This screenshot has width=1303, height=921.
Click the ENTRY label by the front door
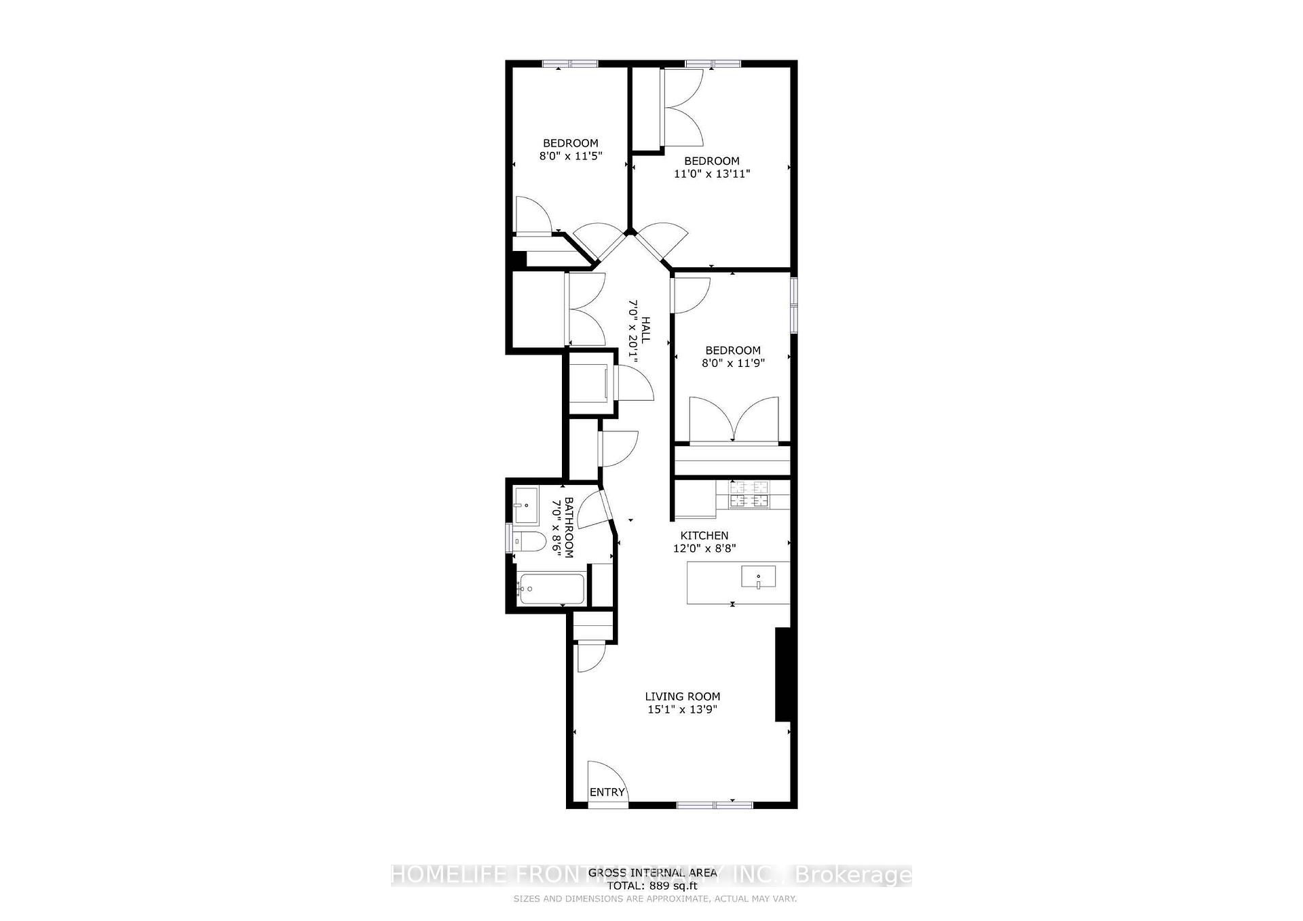tap(607, 792)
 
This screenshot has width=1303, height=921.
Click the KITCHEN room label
tap(704, 535)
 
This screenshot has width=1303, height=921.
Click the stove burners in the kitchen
tap(749, 494)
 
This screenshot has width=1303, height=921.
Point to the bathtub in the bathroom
tap(550, 590)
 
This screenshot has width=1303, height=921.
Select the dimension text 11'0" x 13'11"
tap(711, 174)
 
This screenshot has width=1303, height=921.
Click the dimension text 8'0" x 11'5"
tap(571, 156)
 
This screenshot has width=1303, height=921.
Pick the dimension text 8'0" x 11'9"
tap(733, 363)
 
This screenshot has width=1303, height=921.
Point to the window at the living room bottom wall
tap(715, 804)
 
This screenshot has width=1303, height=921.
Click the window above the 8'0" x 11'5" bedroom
tap(570, 64)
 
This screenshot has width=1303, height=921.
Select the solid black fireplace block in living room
tap(782, 674)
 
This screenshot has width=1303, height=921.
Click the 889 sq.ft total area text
tap(651, 885)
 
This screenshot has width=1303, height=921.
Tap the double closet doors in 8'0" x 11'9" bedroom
tap(733, 420)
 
